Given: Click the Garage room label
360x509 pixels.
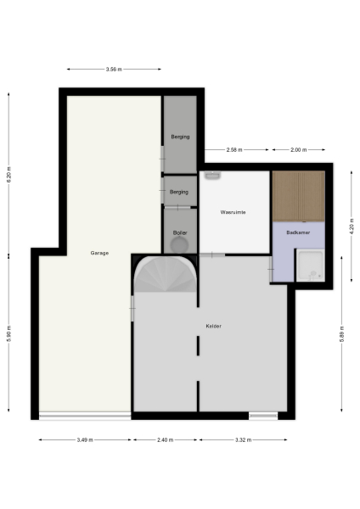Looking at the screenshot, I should [x=99, y=253].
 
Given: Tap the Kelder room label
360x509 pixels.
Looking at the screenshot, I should [x=213, y=326].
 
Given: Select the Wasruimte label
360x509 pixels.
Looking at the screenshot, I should [x=233, y=212].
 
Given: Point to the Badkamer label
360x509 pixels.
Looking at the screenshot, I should [x=297, y=232].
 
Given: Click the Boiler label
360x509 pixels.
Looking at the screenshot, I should [x=180, y=232].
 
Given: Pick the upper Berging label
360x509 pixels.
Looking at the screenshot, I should [x=179, y=137].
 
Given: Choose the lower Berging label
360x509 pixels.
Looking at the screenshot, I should [x=179, y=192].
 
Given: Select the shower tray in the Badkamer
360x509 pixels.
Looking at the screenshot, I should [x=311, y=266].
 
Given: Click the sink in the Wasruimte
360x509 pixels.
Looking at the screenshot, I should [x=212, y=176].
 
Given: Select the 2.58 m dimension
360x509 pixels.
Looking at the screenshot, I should [x=234, y=150].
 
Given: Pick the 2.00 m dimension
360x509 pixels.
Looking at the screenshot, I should [x=297, y=150].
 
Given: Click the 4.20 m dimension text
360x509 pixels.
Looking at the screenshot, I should [x=350, y=227].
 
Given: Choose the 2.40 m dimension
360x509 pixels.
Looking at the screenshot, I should [x=165, y=440].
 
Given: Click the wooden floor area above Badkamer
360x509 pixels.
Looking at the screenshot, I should [x=298, y=195].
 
